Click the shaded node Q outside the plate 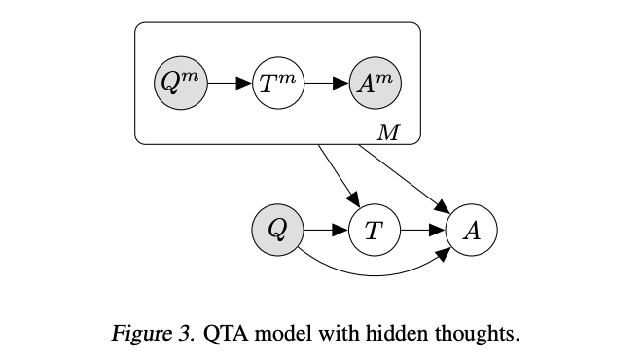pyautogui.click(x=277, y=231)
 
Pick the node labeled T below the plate pyautogui.click(x=375, y=231)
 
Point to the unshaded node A pyautogui.click(x=471, y=231)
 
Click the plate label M pyautogui.click(x=388, y=132)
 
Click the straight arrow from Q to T pyautogui.click(x=326, y=231)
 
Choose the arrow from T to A pyautogui.click(x=422, y=231)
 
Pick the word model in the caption pyautogui.click(x=281, y=336)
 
